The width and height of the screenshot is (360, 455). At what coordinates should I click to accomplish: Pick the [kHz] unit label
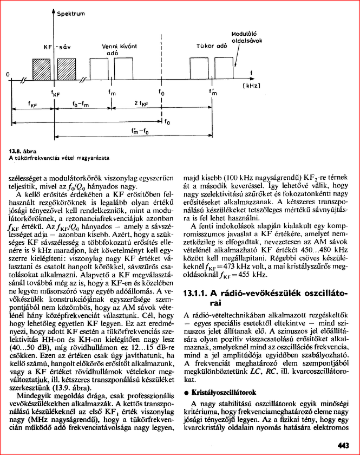[251, 86]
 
